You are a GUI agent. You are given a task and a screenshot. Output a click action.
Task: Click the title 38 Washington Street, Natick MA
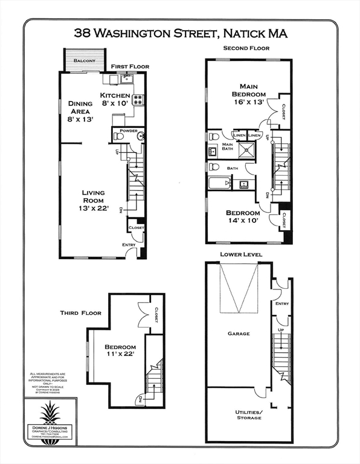coord(180,33)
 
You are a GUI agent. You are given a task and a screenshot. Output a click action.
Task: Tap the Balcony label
coord(85,61)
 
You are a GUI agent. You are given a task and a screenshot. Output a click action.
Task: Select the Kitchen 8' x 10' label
coord(115,99)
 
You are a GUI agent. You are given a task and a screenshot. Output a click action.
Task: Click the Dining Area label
coord(80,111)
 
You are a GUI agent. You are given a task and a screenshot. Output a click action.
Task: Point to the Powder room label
coord(128,130)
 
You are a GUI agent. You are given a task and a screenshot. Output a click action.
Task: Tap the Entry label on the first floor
coord(129,244)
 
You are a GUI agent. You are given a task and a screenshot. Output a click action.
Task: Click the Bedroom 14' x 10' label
coord(243,217)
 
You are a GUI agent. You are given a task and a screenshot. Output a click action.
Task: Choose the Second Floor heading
coord(246,48)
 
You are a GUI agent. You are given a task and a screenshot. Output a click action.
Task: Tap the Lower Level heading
coord(241,255)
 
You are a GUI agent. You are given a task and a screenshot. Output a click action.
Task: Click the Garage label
coord(239,333)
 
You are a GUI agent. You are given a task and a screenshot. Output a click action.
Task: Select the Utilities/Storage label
coord(248,414)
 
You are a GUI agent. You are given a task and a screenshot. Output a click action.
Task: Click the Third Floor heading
coord(80,313)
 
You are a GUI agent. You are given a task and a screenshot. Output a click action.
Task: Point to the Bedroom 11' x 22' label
coord(120,350)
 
